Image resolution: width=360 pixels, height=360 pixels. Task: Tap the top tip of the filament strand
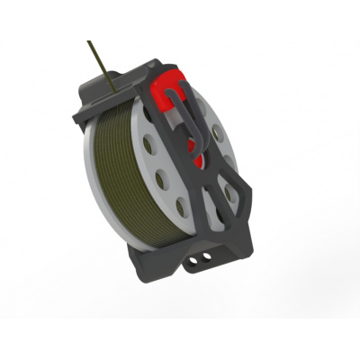tap(89, 41)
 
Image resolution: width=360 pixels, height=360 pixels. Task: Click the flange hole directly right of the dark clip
tap(216, 134)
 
